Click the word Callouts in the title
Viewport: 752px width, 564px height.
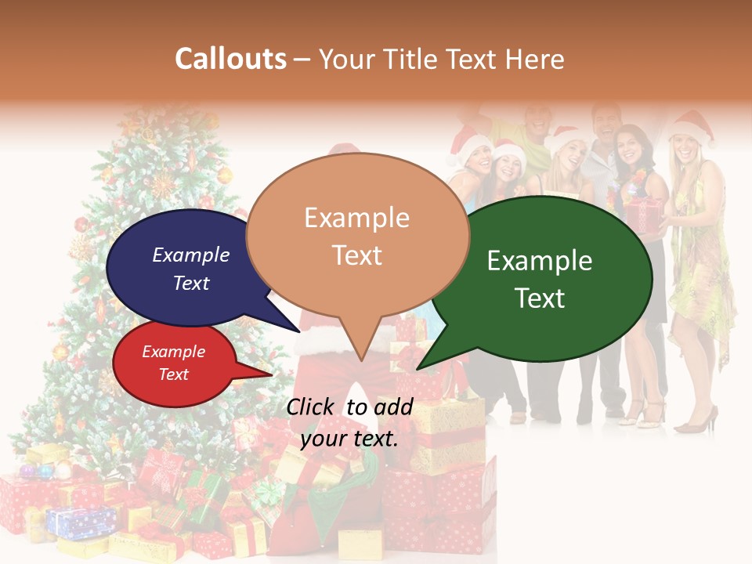(230, 59)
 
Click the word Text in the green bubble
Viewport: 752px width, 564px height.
(540, 298)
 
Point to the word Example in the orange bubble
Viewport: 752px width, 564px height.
(356, 217)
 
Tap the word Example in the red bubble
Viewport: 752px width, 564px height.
(173, 352)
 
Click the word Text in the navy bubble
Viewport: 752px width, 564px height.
(191, 283)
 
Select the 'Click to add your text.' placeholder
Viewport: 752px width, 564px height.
(349, 422)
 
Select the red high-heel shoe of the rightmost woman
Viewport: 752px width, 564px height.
(697, 422)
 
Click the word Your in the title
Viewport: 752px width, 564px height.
(343, 59)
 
